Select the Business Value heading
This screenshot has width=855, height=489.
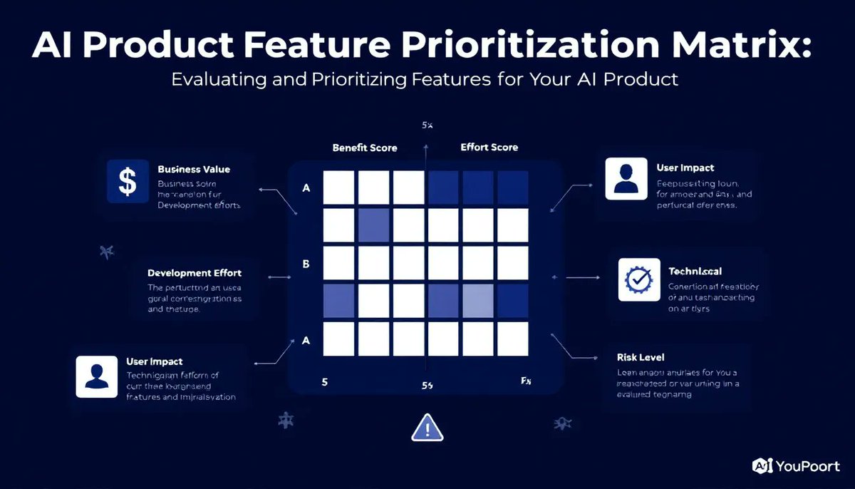[194, 170]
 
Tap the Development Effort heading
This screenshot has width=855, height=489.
[195, 273]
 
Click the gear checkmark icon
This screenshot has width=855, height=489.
[633, 279]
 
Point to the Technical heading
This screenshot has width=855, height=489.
[695, 272]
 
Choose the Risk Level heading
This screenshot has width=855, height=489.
[641, 356]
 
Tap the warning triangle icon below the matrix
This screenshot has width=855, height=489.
[427, 428]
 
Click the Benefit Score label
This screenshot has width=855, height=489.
[365, 148]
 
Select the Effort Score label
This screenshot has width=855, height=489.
[489, 148]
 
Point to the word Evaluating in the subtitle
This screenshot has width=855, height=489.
[217, 79]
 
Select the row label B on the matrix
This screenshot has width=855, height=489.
[306, 264]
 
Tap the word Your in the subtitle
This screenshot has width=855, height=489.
[550, 79]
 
